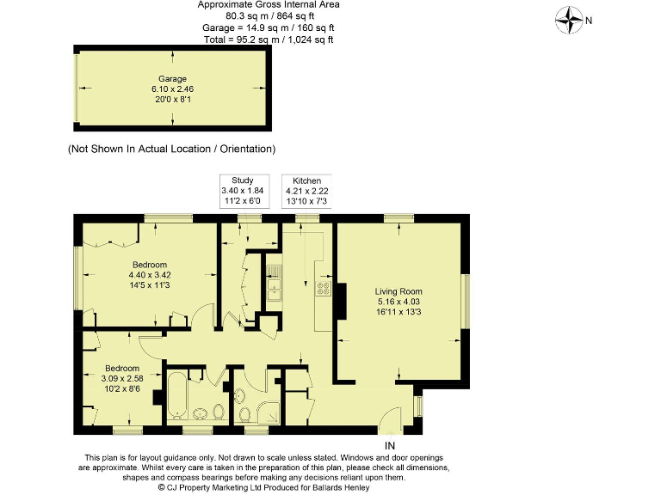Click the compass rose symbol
[570, 18]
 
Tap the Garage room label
[172, 79]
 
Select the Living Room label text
[398, 291]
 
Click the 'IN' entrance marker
[390, 444]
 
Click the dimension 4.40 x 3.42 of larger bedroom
[149, 276]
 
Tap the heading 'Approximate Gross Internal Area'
[269, 5]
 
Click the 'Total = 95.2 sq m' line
[269, 40]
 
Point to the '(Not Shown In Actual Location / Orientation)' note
[172, 149]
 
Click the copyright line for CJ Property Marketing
[264, 487]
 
